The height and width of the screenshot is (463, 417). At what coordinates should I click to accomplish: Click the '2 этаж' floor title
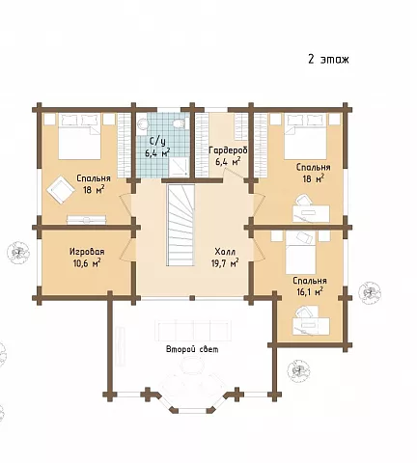click(328, 60)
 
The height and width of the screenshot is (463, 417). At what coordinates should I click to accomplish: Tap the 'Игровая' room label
click(87, 252)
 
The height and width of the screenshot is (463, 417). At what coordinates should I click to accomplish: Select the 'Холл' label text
click(225, 251)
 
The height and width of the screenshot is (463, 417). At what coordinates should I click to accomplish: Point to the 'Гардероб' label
click(228, 150)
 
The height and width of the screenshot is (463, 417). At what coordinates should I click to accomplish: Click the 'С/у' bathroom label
click(157, 141)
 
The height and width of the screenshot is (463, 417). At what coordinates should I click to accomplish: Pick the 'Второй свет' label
click(192, 349)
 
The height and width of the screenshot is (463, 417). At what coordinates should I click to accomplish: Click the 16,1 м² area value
click(309, 291)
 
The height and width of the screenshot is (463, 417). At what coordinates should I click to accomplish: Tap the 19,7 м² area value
click(225, 263)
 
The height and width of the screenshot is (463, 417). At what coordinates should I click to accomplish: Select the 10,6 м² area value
click(87, 263)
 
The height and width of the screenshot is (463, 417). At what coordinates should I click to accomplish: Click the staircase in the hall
click(181, 225)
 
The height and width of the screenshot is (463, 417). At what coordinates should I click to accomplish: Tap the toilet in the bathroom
click(179, 123)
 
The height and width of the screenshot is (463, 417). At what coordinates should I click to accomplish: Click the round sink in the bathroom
click(142, 123)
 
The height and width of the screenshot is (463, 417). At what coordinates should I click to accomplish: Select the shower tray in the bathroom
click(178, 167)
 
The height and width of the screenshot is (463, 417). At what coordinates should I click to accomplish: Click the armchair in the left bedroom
click(60, 190)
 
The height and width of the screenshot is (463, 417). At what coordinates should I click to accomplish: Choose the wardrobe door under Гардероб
click(236, 173)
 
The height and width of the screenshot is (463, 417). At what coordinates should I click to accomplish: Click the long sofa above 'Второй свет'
click(192, 331)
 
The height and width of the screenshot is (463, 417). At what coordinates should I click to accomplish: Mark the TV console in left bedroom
click(86, 220)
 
